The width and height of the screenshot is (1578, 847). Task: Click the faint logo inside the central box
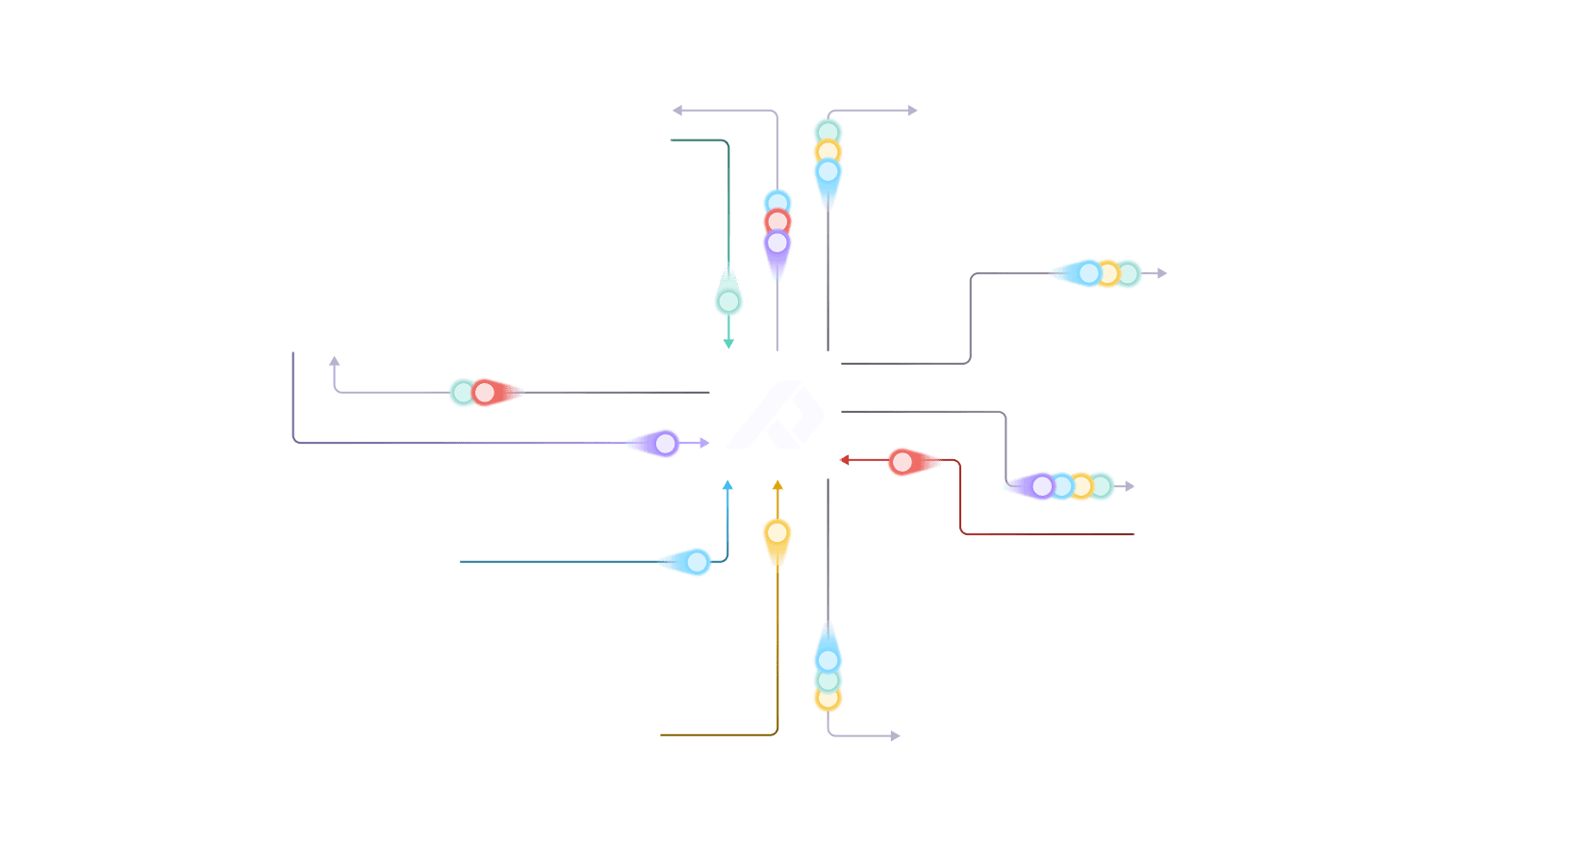tap(776, 416)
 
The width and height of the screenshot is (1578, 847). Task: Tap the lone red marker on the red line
tap(903, 462)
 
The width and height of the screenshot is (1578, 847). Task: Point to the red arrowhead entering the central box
tap(847, 460)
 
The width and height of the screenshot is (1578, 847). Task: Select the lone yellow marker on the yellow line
tap(776, 532)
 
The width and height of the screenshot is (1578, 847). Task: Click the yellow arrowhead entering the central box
tap(777, 486)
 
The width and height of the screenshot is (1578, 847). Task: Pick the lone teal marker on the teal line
tap(728, 301)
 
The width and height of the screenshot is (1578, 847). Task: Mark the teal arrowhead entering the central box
tap(728, 343)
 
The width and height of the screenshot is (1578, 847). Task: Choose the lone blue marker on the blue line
tap(698, 560)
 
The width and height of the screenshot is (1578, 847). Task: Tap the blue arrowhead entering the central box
tap(727, 486)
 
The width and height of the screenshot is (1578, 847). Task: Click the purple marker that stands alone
tap(665, 444)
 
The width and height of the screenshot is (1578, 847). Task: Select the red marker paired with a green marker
tap(484, 392)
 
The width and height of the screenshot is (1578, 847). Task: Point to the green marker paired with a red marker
tap(463, 392)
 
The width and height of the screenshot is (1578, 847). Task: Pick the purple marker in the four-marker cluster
tap(1042, 486)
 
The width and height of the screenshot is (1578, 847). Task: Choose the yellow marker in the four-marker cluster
tap(1082, 486)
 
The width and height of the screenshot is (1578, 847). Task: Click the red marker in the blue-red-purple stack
tap(776, 222)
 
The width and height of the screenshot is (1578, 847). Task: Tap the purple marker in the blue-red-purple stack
tap(776, 243)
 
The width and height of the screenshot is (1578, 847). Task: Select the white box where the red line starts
tap(1303, 513)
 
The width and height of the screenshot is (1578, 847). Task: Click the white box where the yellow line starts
tap(506, 734)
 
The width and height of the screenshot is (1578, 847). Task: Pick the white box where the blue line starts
tap(257, 559)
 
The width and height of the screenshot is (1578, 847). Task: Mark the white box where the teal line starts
tap(558, 112)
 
